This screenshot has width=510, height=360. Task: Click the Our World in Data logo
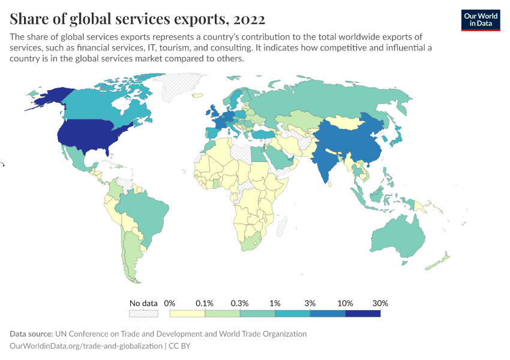pos(481,19)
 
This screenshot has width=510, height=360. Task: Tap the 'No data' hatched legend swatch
pos(143,313)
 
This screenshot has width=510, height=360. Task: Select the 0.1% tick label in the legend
pos(205,303)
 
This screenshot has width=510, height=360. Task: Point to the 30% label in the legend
pos(380,303)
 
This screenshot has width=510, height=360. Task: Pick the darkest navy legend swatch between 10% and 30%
pos(362,313)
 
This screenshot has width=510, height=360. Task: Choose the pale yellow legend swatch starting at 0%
pos(187,313)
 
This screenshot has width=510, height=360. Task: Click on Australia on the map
pos(397,237)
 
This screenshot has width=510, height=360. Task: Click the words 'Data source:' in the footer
pos(31,334)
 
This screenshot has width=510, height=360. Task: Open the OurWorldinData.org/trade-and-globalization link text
pos(86,346)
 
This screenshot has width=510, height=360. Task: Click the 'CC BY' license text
pos(179,346)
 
